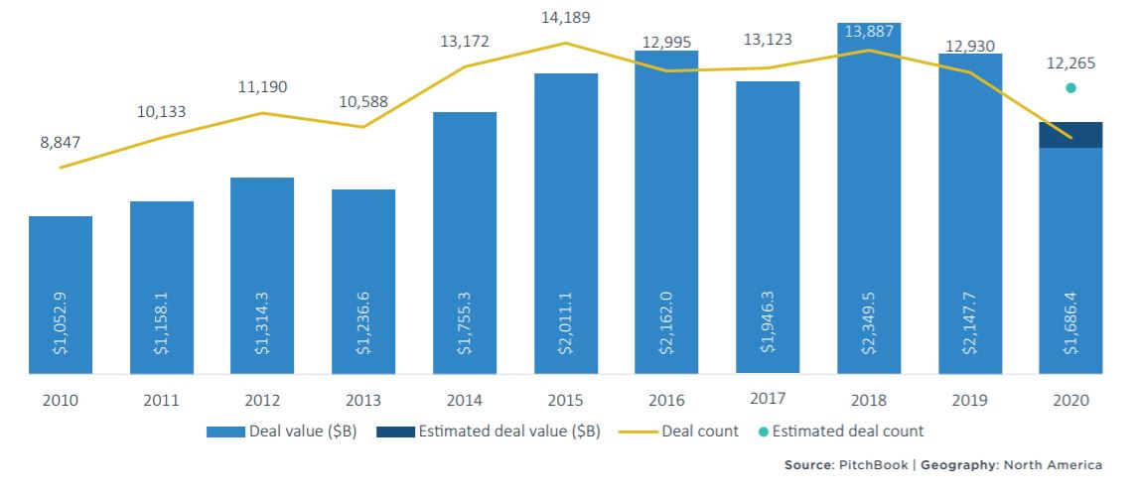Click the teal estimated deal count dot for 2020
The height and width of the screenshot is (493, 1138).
1070,87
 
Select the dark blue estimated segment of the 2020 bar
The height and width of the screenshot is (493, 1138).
1070,135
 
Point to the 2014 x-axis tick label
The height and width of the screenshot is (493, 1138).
465,401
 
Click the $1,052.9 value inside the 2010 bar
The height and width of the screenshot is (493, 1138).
61,326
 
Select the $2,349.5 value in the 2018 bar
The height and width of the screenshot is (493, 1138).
868,326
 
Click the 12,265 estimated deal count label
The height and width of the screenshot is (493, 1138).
1070,63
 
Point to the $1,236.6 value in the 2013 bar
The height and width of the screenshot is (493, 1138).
363,326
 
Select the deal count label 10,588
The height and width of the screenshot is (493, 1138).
363,101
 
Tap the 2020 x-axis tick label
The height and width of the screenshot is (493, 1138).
1070,401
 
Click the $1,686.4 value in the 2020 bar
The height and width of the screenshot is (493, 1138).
1070,326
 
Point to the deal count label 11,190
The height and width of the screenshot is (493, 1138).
262,86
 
